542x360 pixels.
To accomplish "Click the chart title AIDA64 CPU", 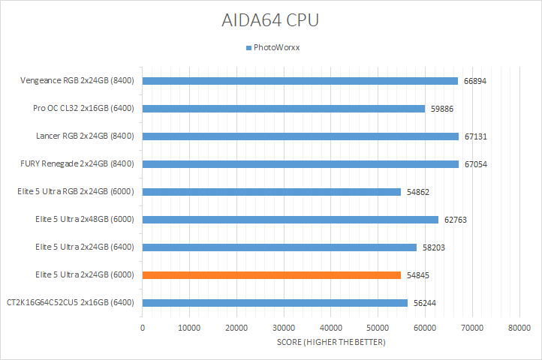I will pyautogui.click(x=271, y=19).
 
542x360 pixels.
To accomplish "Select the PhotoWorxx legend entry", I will pyautogui.click(x=276, y=48).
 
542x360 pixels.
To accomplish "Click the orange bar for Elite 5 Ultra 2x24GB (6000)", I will pyautogui.click(x=272, y=275).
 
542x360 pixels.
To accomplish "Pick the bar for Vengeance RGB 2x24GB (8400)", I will pyautogui.click(x=300, y=81).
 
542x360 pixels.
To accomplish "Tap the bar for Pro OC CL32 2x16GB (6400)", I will pyautogui.click(x=284, y=109).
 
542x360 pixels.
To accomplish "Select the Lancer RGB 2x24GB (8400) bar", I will pyautogui.click(x=300, y=136).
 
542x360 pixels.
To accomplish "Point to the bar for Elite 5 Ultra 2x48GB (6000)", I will pyautogui.click(x=291, y=220).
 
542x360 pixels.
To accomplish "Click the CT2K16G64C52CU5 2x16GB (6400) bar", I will pyautogui.click(x=275, y=303).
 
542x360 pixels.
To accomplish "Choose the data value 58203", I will pyautogui.click(x=433, y=247).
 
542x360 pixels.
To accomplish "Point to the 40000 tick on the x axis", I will pyautogui.click(x=331, y=328).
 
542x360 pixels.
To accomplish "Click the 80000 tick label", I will pyautogui.click(x=519, y=328).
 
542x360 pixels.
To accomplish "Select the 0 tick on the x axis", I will pyautogui.click(x=143, y=328).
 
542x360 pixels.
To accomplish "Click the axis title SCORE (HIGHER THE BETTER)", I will pyautogui.click(x=330, y=343).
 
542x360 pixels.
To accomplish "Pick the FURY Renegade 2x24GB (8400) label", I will pyautogui.click(x=77, y=164).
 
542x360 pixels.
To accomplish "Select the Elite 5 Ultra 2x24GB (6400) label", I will pyautogui.click(x=84, y=247).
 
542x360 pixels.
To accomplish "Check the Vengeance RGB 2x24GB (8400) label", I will pyautogui.click(x=77, y=81).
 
